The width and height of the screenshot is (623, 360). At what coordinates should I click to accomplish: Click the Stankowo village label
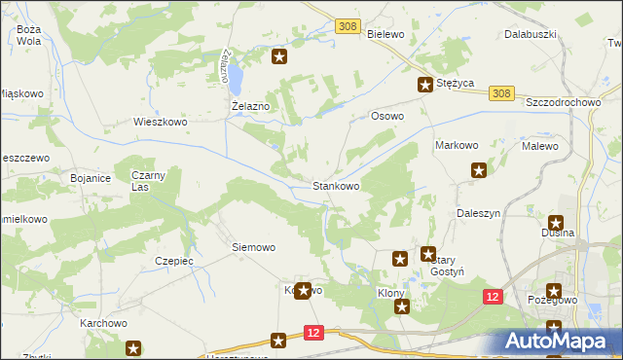(x=336, y=185)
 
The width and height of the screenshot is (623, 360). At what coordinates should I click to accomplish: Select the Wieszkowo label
(x=160, y=123)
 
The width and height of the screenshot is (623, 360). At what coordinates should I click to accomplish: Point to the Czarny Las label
(x=150, y=180)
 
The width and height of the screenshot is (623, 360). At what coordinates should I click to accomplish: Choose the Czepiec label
(x=174, y=261)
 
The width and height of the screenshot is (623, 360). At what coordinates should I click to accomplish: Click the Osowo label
(x=387, y=116)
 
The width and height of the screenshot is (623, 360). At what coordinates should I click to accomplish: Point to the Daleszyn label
(x=478, y=212)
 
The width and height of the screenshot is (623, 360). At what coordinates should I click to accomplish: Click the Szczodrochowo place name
(x=563, y=102)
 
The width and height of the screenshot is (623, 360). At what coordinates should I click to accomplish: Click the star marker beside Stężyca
(x=425, y=85)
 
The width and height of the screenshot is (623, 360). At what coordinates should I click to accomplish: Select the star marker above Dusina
(x=556, y=223)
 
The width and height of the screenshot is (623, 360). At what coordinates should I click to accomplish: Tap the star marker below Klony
(x=402, y=306)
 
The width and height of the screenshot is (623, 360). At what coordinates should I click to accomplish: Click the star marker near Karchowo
(x=133, y=347)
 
